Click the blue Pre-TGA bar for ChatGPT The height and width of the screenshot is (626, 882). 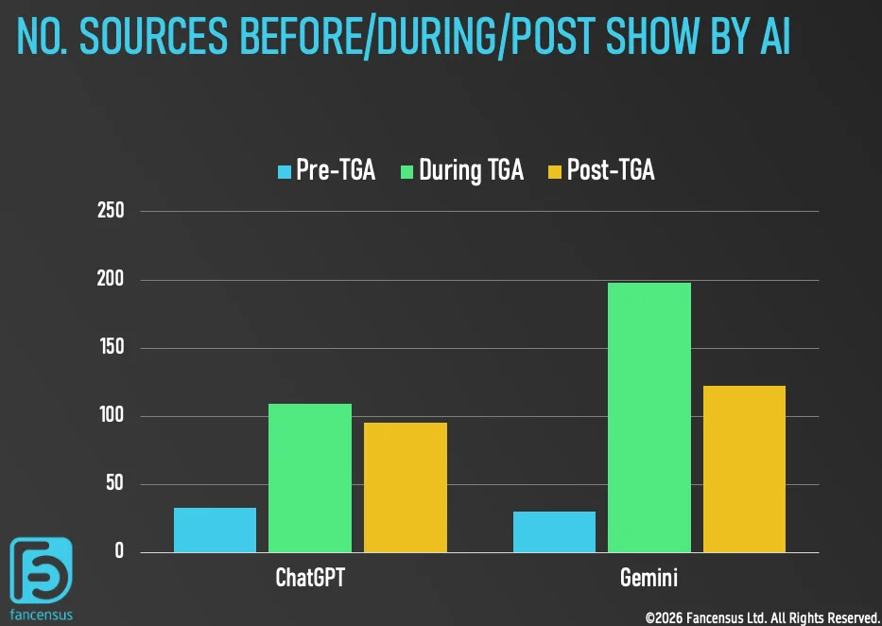(x=215, y=530)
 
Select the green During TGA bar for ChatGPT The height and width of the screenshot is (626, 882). (x=310, y=478)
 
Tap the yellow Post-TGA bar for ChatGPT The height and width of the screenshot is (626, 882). (x=405, y=488)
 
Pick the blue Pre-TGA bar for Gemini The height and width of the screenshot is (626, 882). (x=554, y=532)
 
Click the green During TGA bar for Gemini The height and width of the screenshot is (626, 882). (x=649, y=417)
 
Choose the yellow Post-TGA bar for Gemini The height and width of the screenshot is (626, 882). (x=744, y=469)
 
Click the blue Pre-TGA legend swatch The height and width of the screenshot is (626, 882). (x=285, y=171)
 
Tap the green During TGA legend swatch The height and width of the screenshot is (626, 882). (x=407, y=171)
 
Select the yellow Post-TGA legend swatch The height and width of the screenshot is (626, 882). (x=555, y=171)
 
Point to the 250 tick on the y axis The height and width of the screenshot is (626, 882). (x=111, y=211)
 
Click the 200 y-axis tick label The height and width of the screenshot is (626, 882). (x=111, y=280)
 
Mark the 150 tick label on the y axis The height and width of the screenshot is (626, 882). (x=111, y=348)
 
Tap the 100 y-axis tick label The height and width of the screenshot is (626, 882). (x=111, y=416)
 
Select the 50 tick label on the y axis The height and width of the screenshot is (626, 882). (x=114, y=484)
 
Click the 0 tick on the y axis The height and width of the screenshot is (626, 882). (x=119, y=552)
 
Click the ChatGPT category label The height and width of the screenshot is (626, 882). (x=310, y=578)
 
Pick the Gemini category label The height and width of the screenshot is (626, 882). (x=649, y=578)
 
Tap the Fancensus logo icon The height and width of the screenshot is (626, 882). (x=41, y=570)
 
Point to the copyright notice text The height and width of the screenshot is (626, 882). (x=762, y=617)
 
